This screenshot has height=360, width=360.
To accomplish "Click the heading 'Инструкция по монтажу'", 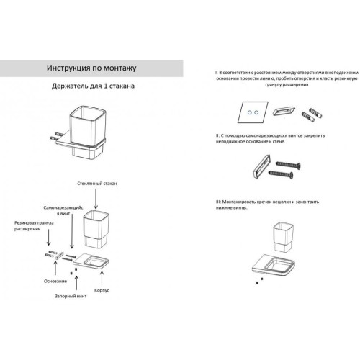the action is click(x=91, y=68).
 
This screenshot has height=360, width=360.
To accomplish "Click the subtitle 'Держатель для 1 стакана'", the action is click(x=93, y=86).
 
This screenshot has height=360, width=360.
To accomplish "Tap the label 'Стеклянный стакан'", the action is click(x=97, y=184).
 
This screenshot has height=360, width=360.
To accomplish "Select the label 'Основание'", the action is click(x=55, y=281).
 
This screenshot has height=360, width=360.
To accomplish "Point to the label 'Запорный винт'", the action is click(x=71, y=296).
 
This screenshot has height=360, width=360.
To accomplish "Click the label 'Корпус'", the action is click(x=102, y=290).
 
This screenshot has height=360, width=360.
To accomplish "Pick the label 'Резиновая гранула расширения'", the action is click(x=34, y=226).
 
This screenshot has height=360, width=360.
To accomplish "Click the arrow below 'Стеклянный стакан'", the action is click(x=96, y=199).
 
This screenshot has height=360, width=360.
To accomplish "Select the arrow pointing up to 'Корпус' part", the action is click(x=102, y=279).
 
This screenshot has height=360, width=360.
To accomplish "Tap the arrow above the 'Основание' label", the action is click(x=55, y=268).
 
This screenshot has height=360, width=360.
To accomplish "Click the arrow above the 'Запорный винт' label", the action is click(x=76, y=283).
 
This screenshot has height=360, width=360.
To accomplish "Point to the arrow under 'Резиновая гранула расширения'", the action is click(x=49, y=238).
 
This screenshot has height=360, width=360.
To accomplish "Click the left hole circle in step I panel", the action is click(x=250, y=112).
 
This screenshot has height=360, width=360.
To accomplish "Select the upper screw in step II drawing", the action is click(x=288, y=165).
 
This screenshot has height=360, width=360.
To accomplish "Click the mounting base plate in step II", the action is click(x=261, y=167).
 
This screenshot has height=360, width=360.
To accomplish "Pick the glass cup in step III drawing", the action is click(x=283, y=238).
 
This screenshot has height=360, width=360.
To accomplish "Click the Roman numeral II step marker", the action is click(x=217, y=135).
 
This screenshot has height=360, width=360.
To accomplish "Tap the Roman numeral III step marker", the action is click(x=218, y=202).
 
